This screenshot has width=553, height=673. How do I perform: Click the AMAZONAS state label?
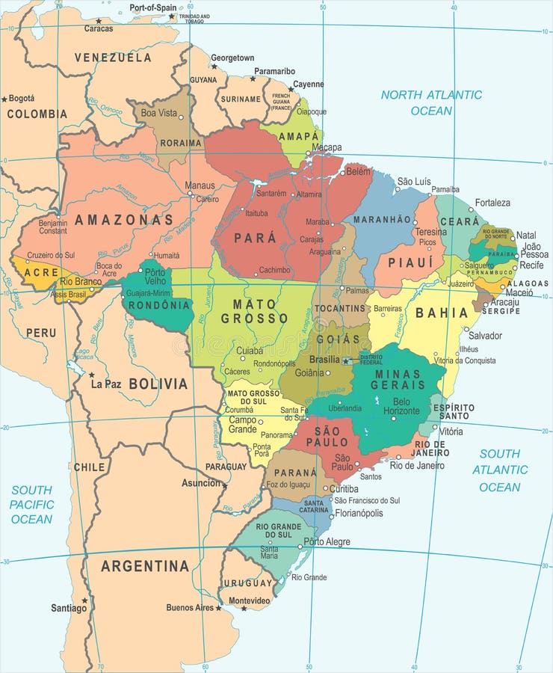(x=123, y=220)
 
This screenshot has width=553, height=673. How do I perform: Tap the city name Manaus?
(x=200, y=185)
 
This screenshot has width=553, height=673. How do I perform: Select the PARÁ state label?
(x=255, y=238)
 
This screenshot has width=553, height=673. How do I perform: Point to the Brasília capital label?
(x=324, y=360)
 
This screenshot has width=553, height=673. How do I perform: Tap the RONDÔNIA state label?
(x=159, y=304)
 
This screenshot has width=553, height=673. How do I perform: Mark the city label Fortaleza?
(x=492, y=203)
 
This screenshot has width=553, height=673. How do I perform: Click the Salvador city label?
(x=485, y=336)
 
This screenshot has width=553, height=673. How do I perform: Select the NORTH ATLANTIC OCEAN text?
(x=431, y=103)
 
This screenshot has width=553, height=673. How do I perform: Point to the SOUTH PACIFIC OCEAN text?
(x=31, y=504)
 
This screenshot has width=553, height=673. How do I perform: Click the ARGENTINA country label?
(x=145, y=566)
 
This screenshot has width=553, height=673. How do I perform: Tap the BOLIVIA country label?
(x=158, y=384)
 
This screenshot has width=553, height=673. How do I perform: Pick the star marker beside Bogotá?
(x=4, y=99)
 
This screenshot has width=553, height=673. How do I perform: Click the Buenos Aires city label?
(x=190, y=607)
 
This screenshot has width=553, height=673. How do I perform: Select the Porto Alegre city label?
(x=327, y=541)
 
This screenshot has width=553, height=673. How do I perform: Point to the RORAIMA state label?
(x=181, y=143)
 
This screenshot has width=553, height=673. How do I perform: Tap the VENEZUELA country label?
(x=113, y=58)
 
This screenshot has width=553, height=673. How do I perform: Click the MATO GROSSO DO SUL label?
(x=254, y=398)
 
